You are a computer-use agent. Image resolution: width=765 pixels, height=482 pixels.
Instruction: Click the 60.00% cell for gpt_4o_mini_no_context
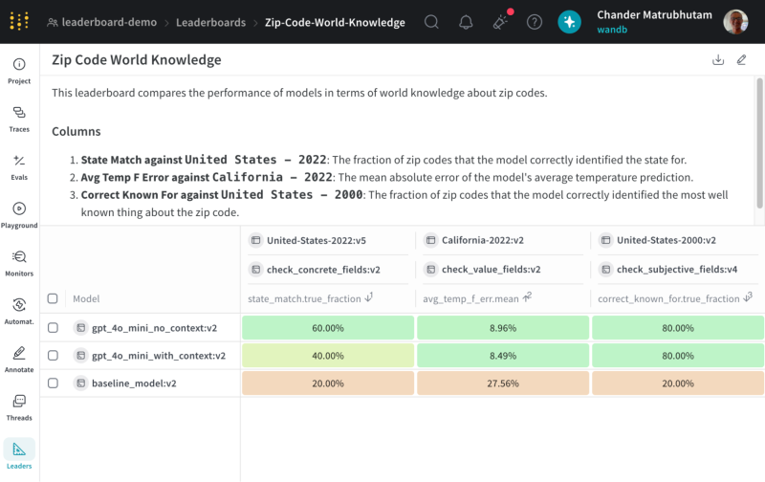(328, 328)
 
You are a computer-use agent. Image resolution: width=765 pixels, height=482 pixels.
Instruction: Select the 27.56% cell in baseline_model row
(503, 383)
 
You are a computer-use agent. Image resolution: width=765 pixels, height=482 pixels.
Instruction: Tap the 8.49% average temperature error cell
(503, 356)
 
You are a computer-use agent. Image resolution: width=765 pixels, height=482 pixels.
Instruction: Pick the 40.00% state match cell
(328, 356)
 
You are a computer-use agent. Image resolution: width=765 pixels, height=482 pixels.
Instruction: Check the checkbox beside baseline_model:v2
(53, 383)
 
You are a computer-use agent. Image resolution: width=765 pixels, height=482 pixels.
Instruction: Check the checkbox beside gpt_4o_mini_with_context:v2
(53, 356)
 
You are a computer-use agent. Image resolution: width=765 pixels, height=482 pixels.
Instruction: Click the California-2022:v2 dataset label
(483, 240)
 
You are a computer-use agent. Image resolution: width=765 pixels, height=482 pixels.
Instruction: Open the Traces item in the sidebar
(19, 120)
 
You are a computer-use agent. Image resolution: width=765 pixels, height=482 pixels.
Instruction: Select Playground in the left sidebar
(19, 215)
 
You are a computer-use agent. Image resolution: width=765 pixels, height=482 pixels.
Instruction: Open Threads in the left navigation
(19, 407)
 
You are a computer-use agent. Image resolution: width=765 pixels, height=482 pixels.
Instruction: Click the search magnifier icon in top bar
(431, 22)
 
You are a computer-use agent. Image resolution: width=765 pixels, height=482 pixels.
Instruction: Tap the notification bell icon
(466, 22)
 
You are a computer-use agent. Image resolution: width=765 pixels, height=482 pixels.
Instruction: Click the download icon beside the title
(718, 60)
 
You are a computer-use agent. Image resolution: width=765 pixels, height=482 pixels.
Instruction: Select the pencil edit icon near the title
(742, 60)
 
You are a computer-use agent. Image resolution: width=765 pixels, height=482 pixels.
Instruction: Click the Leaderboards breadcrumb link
(210, 22)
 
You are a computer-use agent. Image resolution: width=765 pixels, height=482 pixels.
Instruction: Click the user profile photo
(735, 22)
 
